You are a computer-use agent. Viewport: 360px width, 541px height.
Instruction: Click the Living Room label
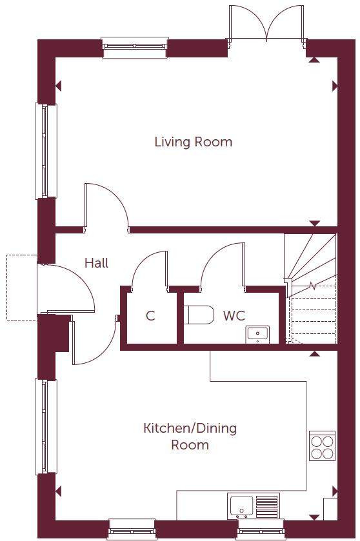click(x=193, y=142)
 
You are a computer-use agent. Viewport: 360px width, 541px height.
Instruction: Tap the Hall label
click(x=96, y=263)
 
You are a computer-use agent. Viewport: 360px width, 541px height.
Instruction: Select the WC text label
click(x=234, y=316)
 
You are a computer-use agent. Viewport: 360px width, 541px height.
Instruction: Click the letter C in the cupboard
click(x=150, y=316)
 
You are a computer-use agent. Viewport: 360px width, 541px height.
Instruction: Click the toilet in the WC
click(x=200, y=315)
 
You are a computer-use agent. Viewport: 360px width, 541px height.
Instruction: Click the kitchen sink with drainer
click(x=253, y=506)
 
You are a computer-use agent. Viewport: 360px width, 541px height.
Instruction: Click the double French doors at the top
click(x=266, y=23)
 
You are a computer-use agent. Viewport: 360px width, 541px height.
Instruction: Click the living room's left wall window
click(x=45, y=151)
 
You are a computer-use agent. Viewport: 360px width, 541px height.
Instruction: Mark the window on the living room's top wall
click(x=135, y=47)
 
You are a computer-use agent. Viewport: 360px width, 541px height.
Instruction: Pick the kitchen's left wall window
click(x=45, y=426)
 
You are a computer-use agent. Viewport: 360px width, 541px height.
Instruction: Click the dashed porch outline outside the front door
click(x=22, y=288)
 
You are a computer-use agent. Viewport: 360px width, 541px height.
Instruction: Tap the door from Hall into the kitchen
click(x=94, y=342)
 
